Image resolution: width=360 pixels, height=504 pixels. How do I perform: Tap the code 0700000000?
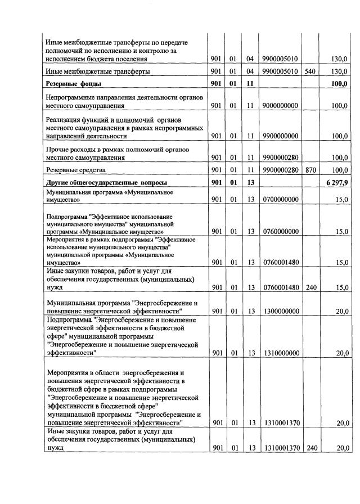point(281,199)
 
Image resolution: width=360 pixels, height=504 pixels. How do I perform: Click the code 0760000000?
point(281,231)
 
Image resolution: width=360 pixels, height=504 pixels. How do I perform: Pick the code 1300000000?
point(281,311)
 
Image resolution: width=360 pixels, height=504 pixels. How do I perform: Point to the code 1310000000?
point(281,353)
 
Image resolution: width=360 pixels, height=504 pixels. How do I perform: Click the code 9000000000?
point(281,105)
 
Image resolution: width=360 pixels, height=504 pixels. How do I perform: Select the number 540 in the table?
point(310,71)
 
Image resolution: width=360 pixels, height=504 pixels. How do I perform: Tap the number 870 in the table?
point(310,169)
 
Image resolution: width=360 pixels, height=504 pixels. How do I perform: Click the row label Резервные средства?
point(76,169)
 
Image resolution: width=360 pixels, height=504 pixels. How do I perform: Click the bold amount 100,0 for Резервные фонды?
point(339,84)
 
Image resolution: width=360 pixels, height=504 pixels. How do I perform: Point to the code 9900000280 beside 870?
point(281,169)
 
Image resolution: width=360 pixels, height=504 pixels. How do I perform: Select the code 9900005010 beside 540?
point(281,71)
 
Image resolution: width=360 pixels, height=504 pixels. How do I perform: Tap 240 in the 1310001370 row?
point(310,448)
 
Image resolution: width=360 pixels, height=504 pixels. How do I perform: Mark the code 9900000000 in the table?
point(281,136)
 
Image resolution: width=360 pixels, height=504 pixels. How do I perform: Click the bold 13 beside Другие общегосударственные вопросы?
point(251,182)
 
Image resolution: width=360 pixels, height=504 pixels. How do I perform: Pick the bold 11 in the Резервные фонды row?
point(251,84)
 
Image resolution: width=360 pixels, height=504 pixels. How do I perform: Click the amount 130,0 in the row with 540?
point(339,71)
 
